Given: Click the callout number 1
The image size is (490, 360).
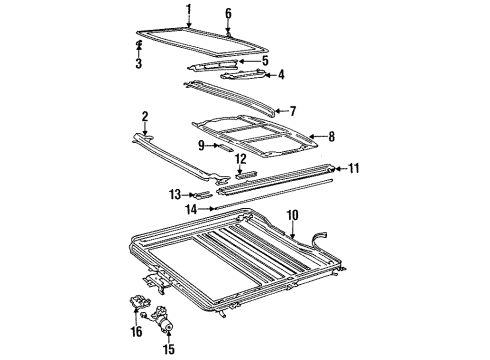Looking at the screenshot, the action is pos(189,10).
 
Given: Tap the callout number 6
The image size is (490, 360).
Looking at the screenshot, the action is pos(228,14).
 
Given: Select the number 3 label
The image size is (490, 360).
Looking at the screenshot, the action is pos(139,63).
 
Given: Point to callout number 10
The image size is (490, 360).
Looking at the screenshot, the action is pos(292,215).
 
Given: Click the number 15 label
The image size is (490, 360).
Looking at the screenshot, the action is pos(169,349).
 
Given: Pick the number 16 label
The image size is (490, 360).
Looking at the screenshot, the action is pos(137,332).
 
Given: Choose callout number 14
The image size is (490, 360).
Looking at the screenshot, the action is pos(191,210).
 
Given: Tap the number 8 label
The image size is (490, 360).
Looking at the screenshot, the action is pos(331,137).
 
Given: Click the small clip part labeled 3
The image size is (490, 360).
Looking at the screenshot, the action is pos(139,43).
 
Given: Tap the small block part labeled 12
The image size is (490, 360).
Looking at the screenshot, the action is pos(246,175).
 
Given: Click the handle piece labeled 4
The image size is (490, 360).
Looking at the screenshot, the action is pos(243,76).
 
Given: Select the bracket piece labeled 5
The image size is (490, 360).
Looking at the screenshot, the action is pos(213,65).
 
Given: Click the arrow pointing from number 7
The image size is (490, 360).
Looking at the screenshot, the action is pos(282,111).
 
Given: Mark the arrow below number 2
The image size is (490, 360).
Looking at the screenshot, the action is pos(145,129).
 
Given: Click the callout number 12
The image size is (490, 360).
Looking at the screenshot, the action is pos(241,159).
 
